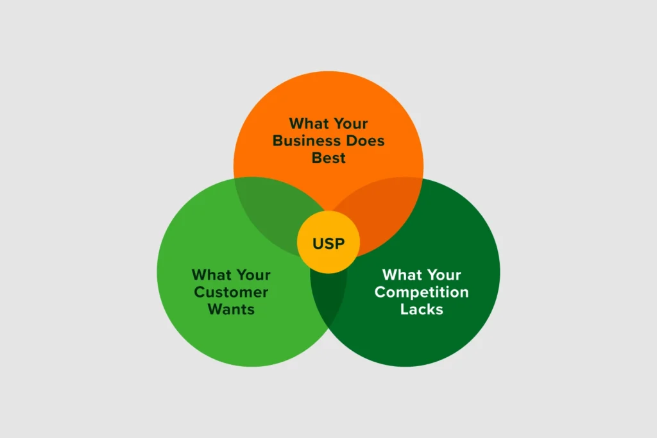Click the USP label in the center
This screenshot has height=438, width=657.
328,243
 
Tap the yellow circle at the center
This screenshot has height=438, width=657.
328,242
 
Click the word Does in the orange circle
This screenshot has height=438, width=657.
365,140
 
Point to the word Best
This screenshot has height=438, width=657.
328,158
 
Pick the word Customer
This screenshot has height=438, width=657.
231,292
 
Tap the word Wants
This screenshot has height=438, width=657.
231,310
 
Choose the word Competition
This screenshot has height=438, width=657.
422,292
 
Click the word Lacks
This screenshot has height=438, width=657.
422,310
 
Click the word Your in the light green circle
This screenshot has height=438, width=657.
252,275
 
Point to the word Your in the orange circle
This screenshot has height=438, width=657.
349,124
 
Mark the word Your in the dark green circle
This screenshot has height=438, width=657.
442,275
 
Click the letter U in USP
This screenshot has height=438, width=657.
318,243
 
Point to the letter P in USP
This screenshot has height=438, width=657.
340,243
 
